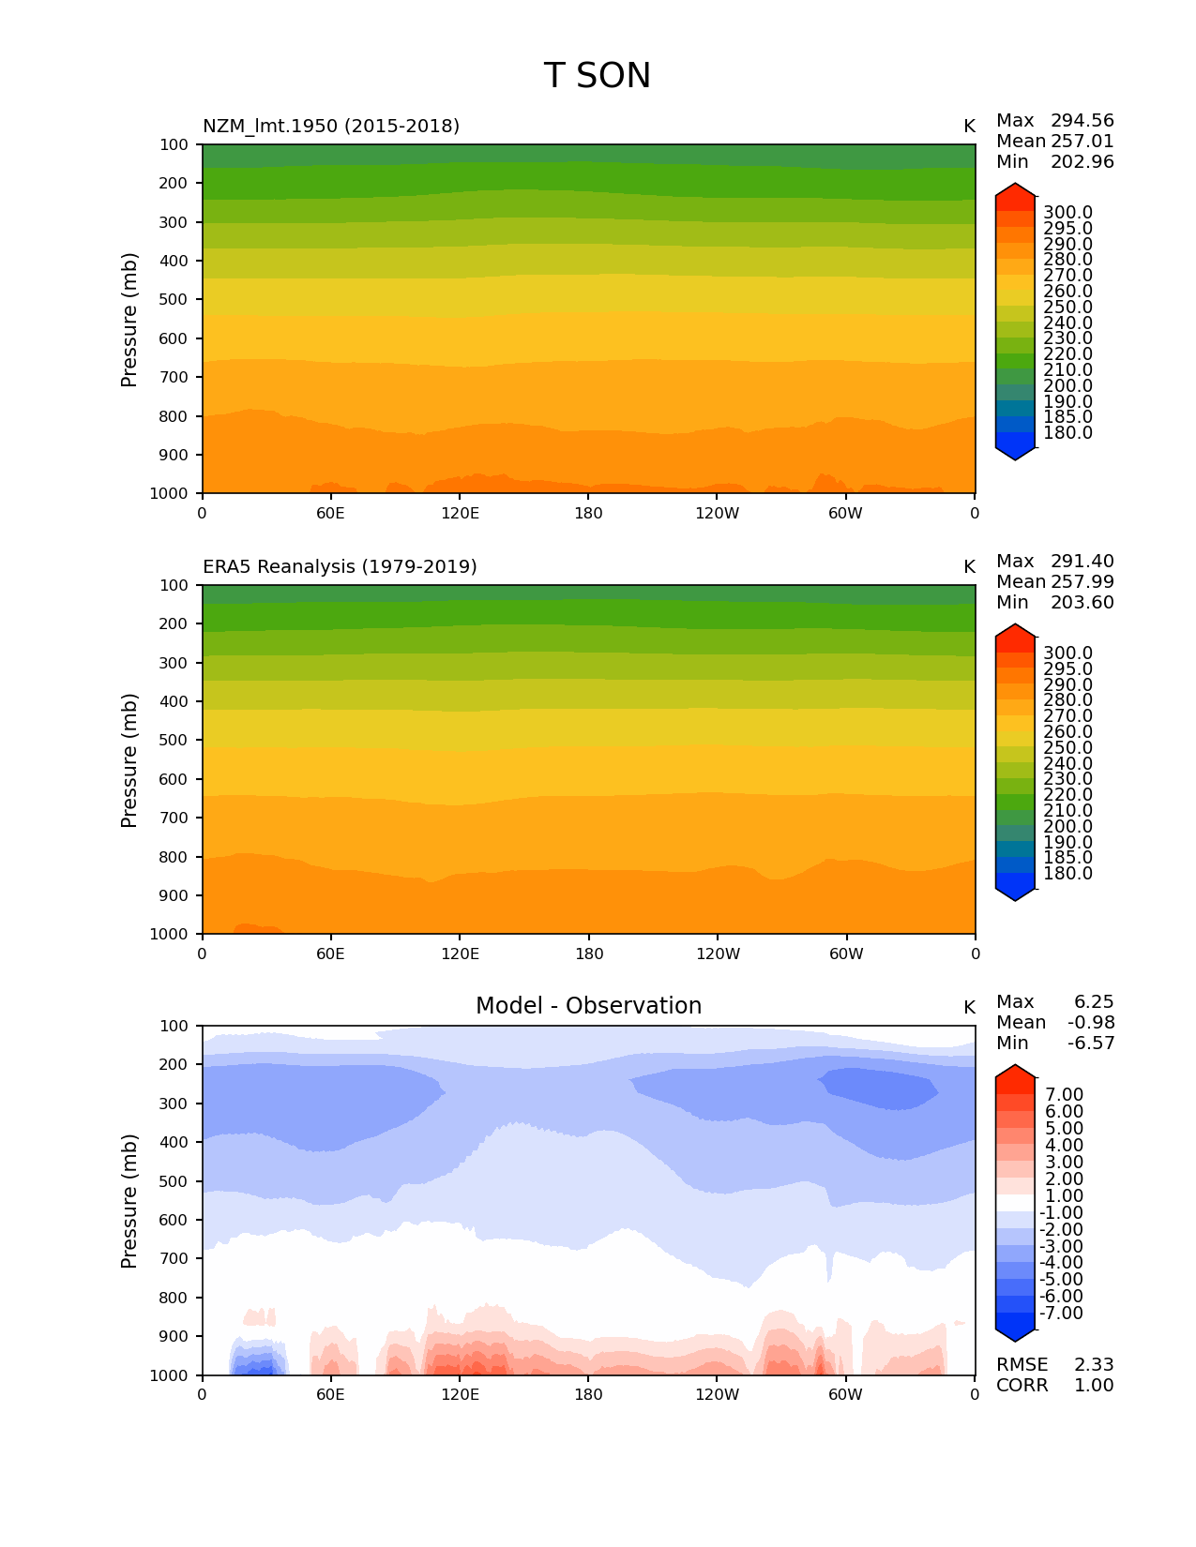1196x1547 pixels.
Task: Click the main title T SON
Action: coord(597,76)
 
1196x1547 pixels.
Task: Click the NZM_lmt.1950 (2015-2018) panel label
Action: coord(331,126)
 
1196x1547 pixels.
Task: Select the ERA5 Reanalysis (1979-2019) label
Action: coord(340,566)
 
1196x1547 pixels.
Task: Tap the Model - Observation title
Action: coord(588,1006)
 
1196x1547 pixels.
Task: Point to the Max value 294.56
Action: coord(1082,120)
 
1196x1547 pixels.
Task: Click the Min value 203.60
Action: coord(1082,602)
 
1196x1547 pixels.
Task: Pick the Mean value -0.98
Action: coord(1091,1022)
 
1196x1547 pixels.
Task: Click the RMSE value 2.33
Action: coord(1094,1364)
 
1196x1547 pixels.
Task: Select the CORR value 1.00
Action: coord(1094,1385)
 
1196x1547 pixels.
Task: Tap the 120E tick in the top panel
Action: coord(460,513)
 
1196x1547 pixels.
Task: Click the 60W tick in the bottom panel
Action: coord(845,1394)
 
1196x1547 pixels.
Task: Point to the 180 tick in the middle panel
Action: coord(588,954)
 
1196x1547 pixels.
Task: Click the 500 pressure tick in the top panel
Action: coord(174,299)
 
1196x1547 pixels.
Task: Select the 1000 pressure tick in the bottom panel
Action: coord(170,1374)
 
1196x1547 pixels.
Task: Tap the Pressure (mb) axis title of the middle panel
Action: coord(129,759)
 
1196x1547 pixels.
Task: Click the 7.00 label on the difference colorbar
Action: coord(1064,1094)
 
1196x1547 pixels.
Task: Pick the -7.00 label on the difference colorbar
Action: coord(1061,1313)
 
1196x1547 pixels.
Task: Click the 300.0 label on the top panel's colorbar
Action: coord(1067,213)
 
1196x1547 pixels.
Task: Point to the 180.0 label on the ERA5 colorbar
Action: coord(1067,873)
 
